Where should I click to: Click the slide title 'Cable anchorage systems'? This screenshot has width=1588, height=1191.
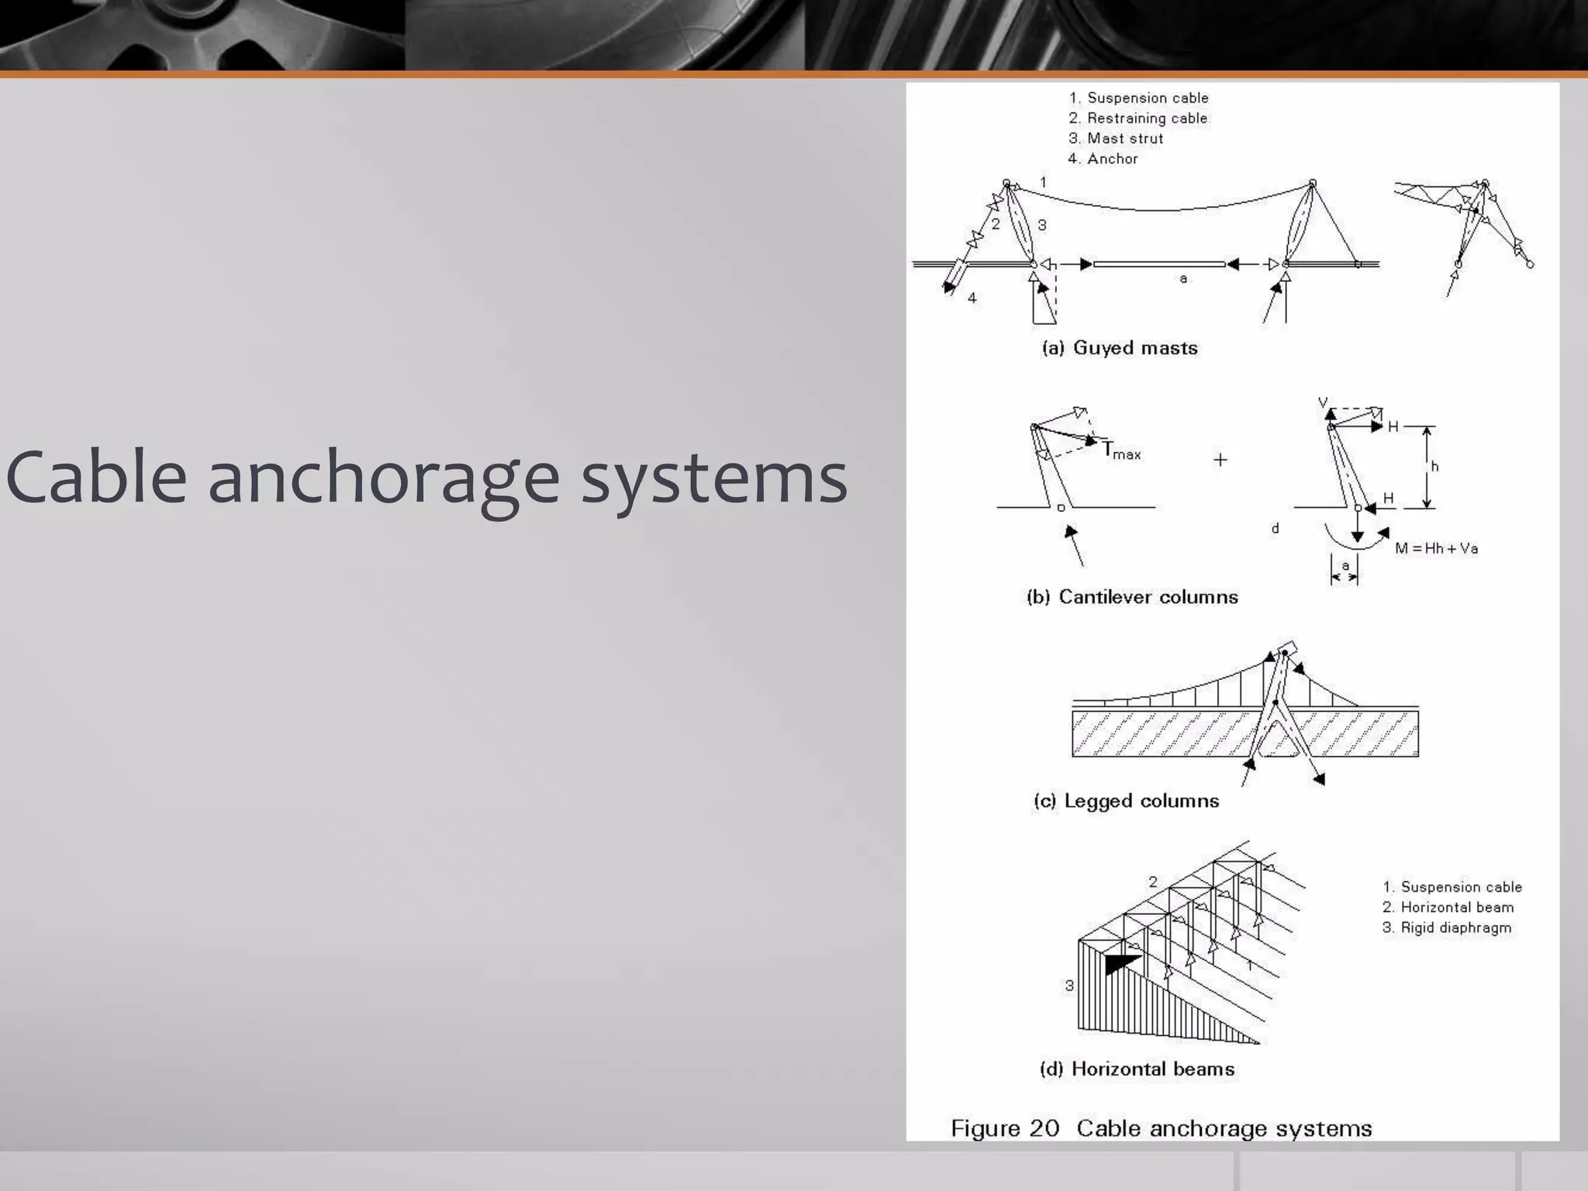tap(426, 478)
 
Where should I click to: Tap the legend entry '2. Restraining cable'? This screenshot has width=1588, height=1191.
tap(1137, 118)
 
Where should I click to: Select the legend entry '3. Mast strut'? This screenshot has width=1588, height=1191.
tap(1116, 138)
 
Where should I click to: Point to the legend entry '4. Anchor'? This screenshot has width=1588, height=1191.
tap(1103, 158)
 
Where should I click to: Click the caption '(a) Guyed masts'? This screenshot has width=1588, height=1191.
tap(1120, 348)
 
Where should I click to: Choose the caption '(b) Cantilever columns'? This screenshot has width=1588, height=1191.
tap(1132, 597)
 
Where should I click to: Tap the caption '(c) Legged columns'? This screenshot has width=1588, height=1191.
tap(1126, 801)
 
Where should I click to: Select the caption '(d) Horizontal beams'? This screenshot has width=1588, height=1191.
tap(1137, 1069)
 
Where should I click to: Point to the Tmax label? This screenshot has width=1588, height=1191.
tap(1121, 451)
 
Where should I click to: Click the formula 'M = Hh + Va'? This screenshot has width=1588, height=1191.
tap(1436, 548)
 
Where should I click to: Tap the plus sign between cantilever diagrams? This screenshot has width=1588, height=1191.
tap(1220, 460)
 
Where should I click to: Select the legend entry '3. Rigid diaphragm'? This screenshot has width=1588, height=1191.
tap(1447, 927)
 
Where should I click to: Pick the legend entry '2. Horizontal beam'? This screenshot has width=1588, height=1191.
tap(1448, 907)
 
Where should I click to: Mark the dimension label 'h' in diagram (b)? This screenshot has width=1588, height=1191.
tap(1434, 466)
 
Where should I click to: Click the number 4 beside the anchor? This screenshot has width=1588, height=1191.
tap(972, 298)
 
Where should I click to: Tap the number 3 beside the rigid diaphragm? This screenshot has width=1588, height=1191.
tap(1069, 986)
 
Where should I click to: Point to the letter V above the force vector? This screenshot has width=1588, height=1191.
tap(1323, 403)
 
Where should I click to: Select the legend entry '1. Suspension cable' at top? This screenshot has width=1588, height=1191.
tap(1138, 98)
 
